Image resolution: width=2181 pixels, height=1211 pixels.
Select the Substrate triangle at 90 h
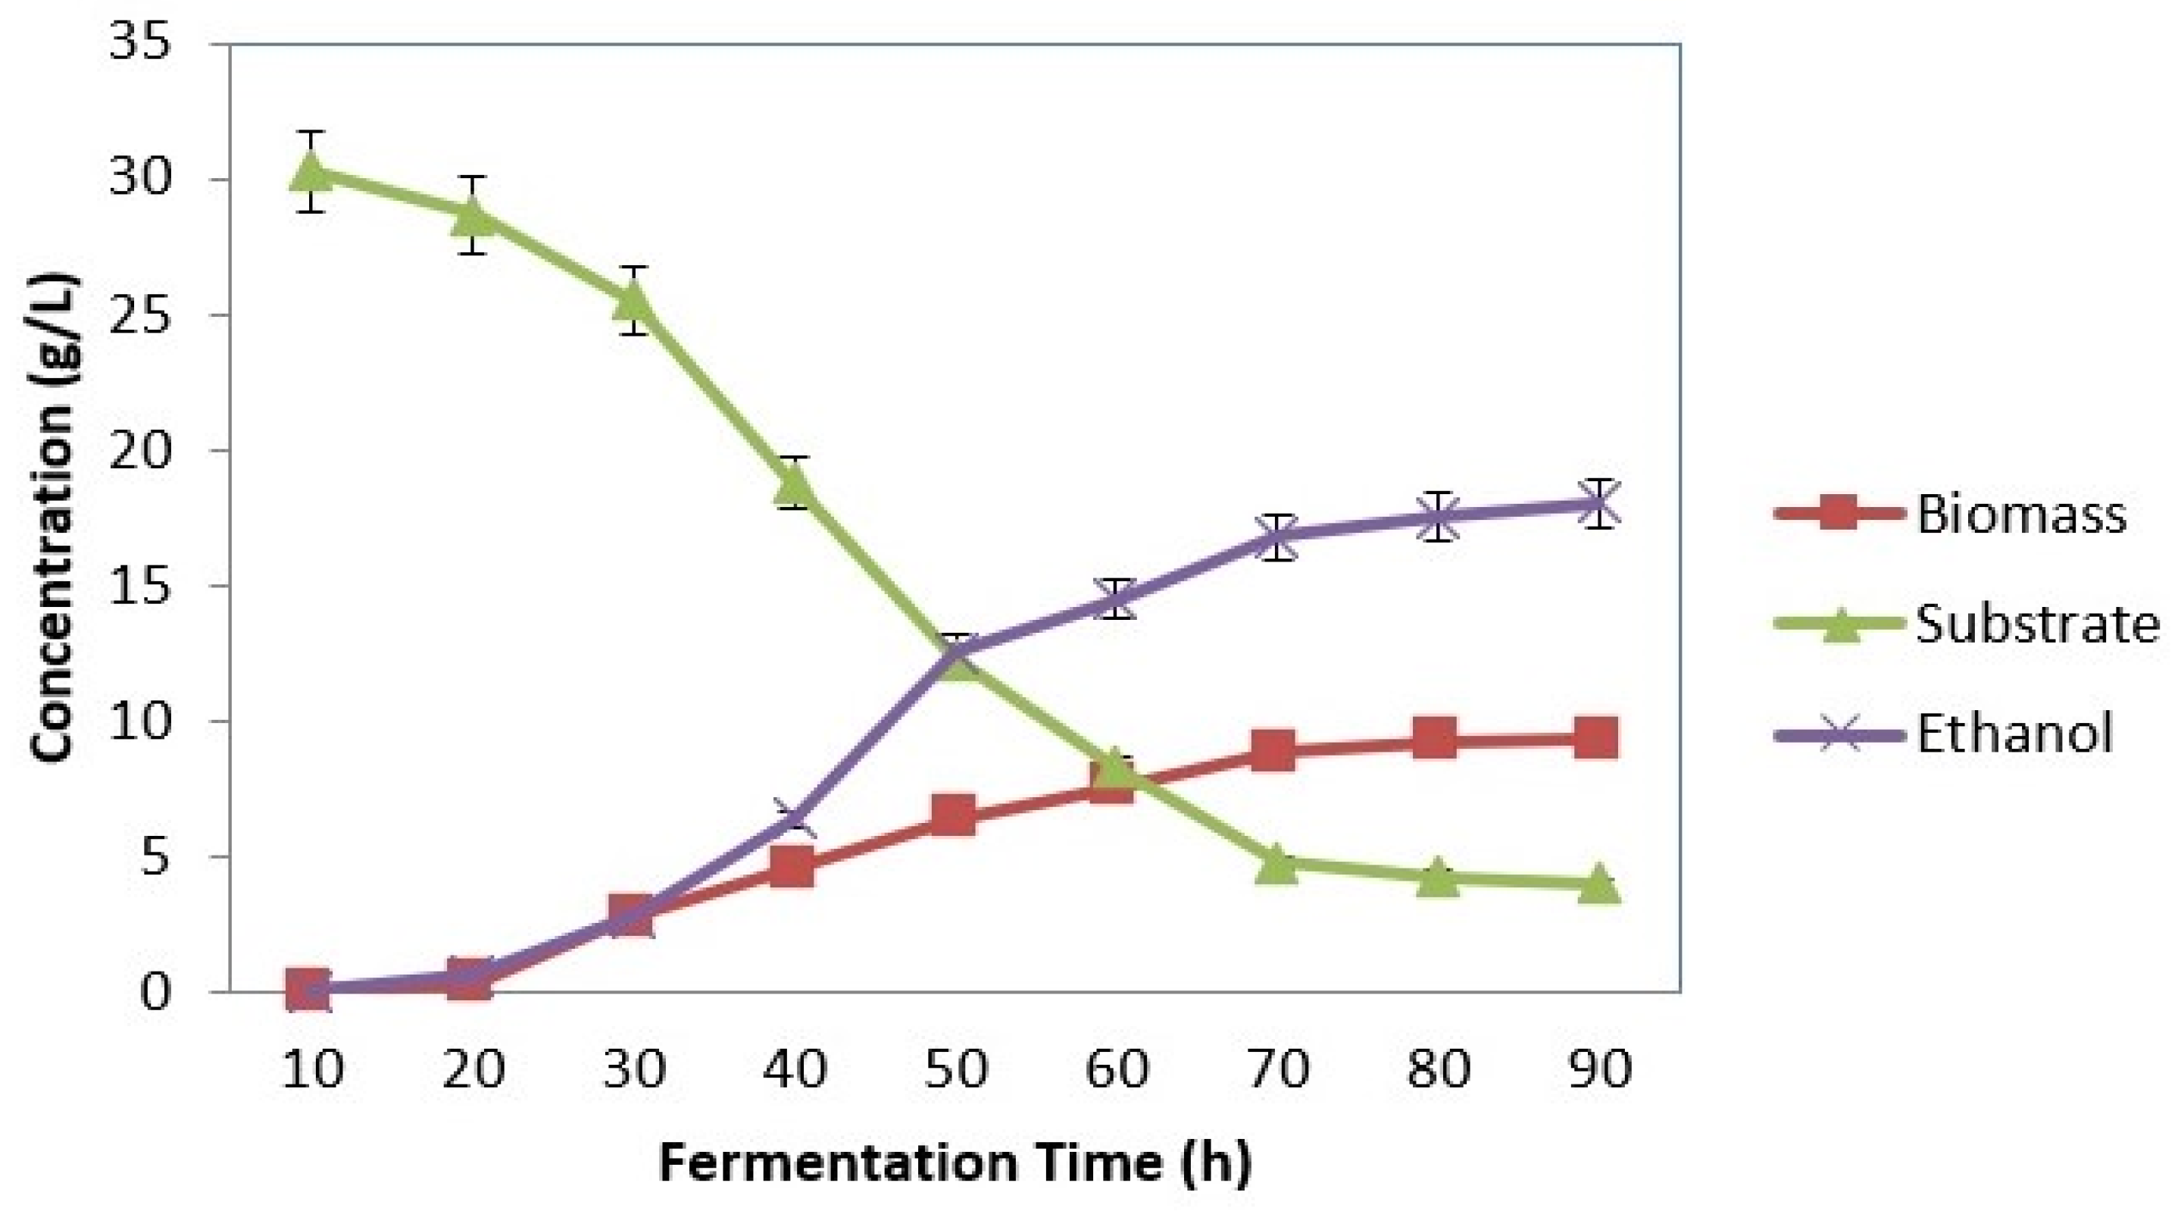1598,884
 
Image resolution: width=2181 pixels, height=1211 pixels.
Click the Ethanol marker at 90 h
1598,504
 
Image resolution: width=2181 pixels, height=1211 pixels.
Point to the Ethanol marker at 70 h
1276,536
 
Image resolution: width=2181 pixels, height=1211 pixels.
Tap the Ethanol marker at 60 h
1116,599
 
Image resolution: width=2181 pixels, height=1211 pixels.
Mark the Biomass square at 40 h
793,867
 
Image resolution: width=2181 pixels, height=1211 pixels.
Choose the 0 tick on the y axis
155,992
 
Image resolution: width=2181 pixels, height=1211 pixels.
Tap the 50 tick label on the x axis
955,1069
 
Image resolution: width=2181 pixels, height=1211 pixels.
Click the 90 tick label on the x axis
1598,1069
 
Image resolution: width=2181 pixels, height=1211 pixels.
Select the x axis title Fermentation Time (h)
955,1162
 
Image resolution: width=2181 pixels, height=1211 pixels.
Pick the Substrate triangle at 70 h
1276,865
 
